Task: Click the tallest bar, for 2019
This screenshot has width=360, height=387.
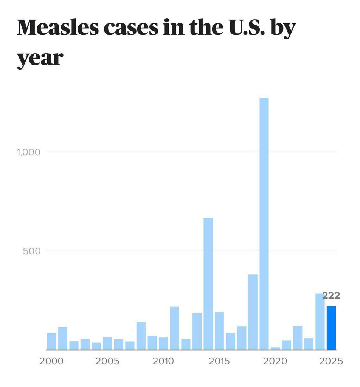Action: (x=264, y=223)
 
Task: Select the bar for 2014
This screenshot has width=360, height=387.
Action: (x=208, y=283)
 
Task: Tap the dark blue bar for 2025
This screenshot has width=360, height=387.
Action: (x=331, y=328)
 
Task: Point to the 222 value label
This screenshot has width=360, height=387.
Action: (x=331, y=296)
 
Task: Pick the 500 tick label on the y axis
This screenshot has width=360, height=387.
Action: (x=31, y=251)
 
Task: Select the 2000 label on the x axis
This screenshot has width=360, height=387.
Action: (x=51, y=361)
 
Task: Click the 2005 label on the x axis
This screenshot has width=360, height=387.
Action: (x=107, y=361)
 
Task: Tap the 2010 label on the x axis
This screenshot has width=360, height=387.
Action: (x=163, y=361)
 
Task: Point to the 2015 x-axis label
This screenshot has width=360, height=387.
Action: (x=219, y=361)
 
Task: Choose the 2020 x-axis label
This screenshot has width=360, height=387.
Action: (x=275, y=361)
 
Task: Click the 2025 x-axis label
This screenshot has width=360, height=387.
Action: (x=331, y=361)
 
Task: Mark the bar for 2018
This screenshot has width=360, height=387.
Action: (x=253, y=312)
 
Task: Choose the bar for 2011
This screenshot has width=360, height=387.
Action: (x=174, y=328)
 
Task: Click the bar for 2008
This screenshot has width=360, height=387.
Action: (x=141, y=336)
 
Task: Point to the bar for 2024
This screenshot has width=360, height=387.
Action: (x=320, y=322)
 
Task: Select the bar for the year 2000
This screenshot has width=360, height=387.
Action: (x=51, y=341)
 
